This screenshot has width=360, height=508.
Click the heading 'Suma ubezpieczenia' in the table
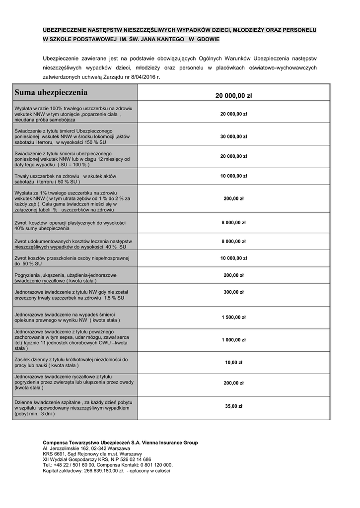pyautogui.click(x=51, y=93)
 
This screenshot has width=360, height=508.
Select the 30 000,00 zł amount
pyautogui.click(x=233, y=136)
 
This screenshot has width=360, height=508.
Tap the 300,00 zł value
pyautogui.click(x=233, y=292)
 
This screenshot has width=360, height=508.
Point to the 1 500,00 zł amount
pyautogui.click(x=233, y=317)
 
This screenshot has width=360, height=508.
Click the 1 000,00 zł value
pyautogui.click(x=233, y=340)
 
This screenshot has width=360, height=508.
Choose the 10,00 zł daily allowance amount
pyautogui.click(x=233, y=363)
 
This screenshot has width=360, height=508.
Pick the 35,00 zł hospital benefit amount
pyautogui.click(x=233, y=406)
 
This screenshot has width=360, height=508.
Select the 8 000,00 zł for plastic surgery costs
pyautogui.click(x=233, y=223)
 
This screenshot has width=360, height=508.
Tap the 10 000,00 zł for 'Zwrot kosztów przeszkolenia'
pyautogui.click(x=233, y=258)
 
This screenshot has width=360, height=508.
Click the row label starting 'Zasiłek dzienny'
pyautogui.click(x=71, y=362)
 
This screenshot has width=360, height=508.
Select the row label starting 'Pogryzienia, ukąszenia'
pyautogui.click(x=66, y=278)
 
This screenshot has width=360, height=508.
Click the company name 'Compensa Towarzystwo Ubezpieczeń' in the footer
pyautogui.click(x=93, y=443)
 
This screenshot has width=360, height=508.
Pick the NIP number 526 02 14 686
pyautogui.click(x=135, y=460)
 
